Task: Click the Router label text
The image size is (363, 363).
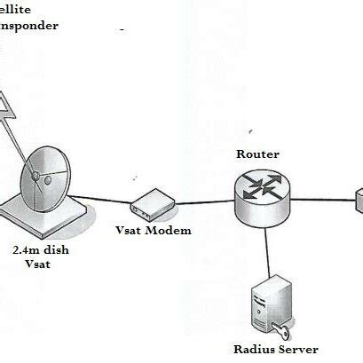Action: click(257, 154)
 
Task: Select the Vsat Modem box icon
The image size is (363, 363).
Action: click(147, 207)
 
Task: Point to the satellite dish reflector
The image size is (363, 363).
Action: click(44, 172)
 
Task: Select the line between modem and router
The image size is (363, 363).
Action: click(200, 205)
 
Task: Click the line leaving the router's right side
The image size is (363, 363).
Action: click(320, 201)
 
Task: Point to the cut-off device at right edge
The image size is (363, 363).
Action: click(359, 200)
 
